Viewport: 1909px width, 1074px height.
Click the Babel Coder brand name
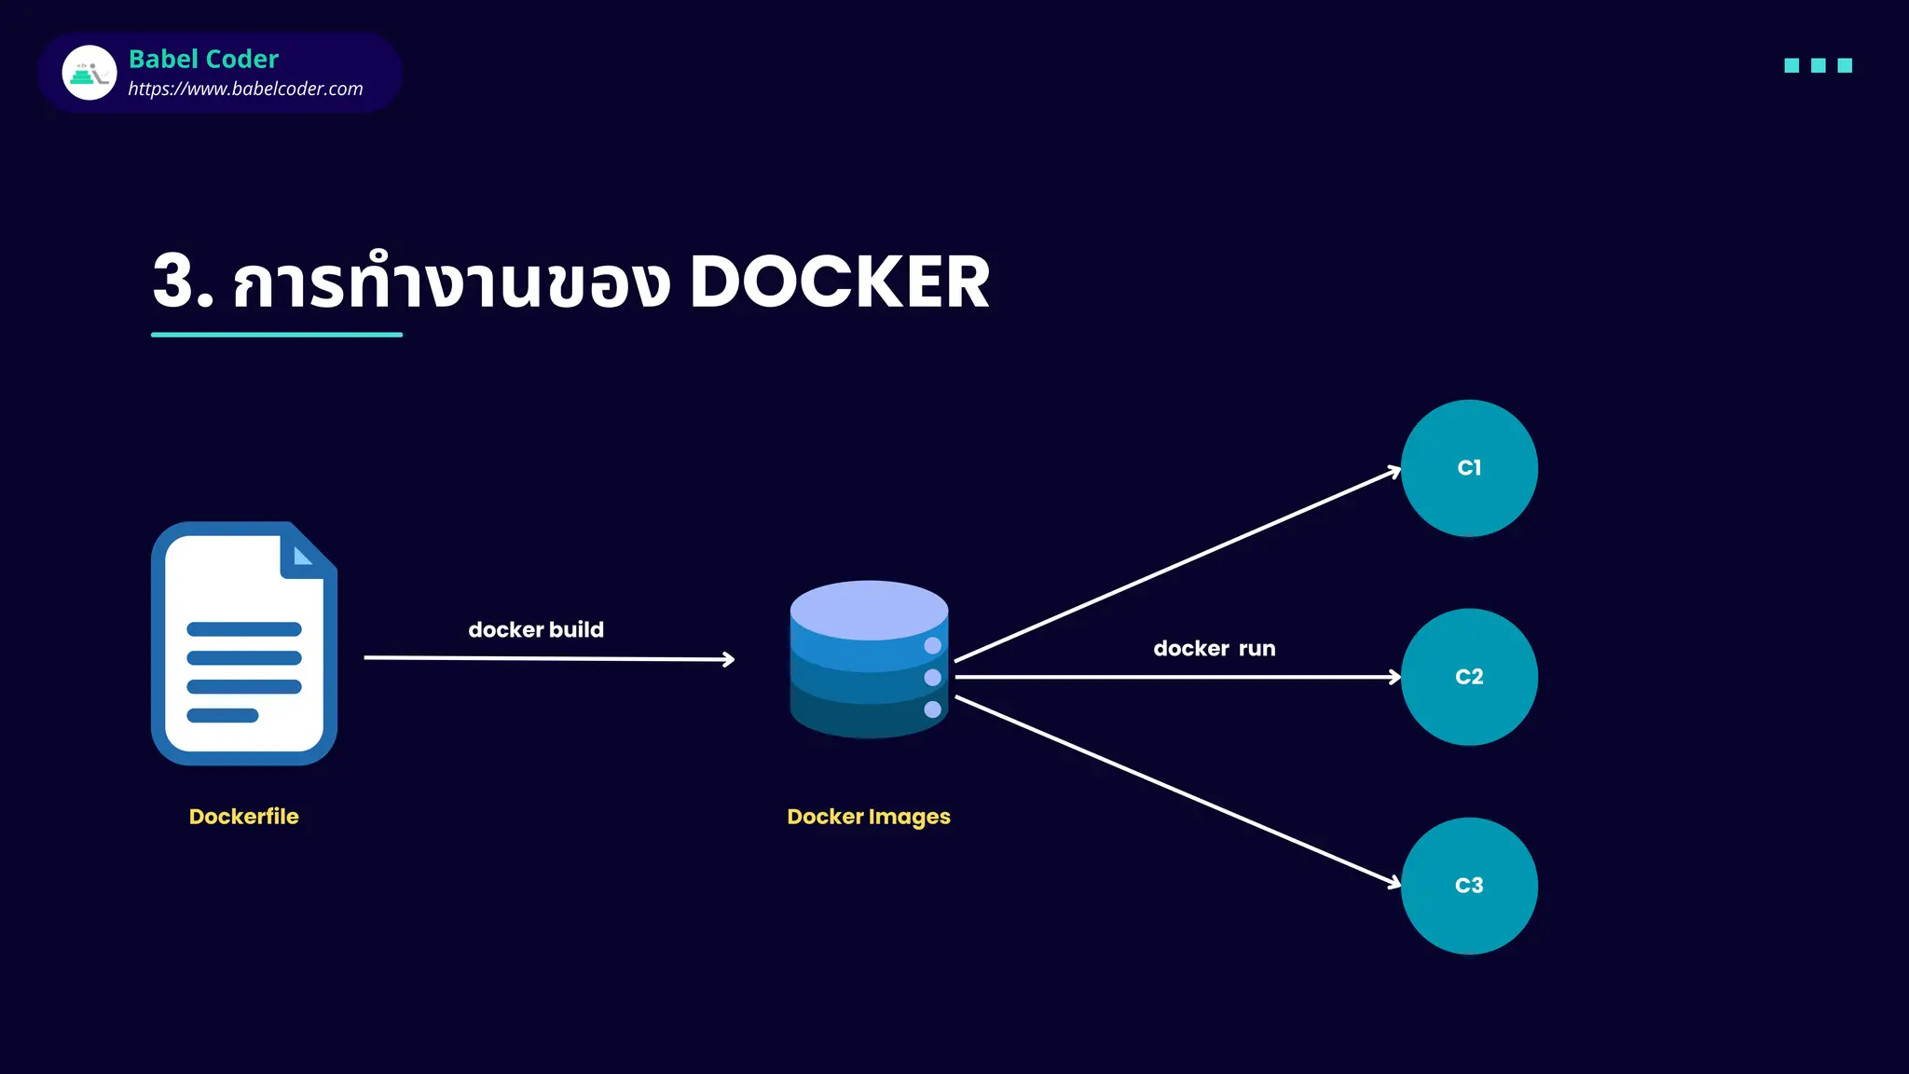coord(203,59)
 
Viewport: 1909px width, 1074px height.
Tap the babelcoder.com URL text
coord(245,89)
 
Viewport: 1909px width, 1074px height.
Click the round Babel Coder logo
coord(89,73)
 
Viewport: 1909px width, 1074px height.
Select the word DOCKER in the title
coord(839,282)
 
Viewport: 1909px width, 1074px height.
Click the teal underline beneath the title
coord(277,334)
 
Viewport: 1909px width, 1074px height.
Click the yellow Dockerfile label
coord(243,817)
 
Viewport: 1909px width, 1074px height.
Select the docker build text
coord(536,630)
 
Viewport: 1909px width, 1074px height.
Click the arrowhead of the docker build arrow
coord(729,660)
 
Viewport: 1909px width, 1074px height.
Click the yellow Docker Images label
coord(869,817)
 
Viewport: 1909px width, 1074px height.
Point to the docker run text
coord(1215,649)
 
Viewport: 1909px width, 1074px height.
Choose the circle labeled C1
coord(1469,468)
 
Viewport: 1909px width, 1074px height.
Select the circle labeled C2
coord(1469,677)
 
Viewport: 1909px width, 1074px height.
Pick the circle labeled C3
coord(1469,886)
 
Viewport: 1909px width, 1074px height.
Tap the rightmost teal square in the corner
coord(1845,65)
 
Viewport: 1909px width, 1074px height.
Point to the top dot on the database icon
coord(932,645)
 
